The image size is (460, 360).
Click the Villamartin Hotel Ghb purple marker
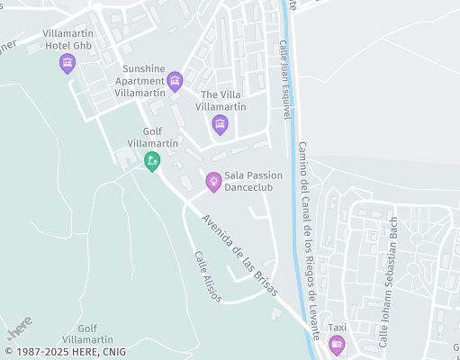[x=66, y=63]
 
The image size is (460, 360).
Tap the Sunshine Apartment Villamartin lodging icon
[x=175, y=82]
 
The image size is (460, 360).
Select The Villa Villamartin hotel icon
[x=220, y=125]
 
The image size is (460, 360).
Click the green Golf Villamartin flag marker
[x=152, y=161]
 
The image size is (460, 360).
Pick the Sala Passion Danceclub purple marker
[x=213, y=182]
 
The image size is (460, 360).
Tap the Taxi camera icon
[x=337, y=344]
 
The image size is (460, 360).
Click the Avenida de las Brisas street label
[x=239, y=256]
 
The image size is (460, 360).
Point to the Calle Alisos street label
[x=207, y=276]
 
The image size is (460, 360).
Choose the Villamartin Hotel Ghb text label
[x=68, y=39]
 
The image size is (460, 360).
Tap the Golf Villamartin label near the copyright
[x=100, y=334]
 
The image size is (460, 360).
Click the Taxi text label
[x=337, y=327]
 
